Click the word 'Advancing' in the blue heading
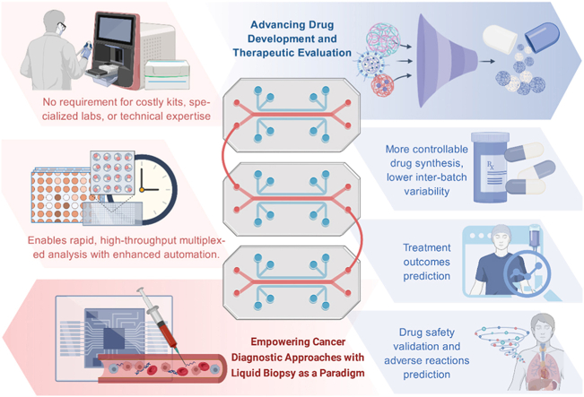point(273,25)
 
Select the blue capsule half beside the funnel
point(542,38)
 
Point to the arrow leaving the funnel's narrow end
point(487,62)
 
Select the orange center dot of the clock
point(142,190)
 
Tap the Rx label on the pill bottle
point(491,166)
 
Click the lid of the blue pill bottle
point(490,137)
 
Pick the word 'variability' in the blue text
point(426,192)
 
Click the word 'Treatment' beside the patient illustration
point(427,248)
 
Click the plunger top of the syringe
point(141,289)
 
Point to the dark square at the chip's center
point(114,338)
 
